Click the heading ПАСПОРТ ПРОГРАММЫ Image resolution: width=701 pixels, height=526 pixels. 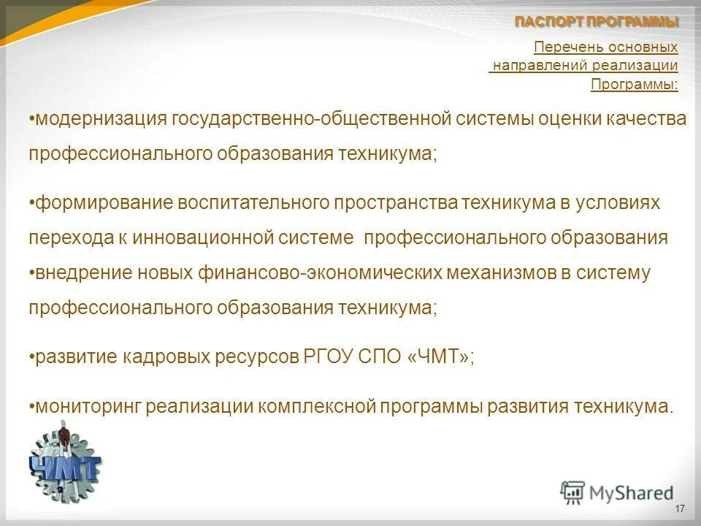597,22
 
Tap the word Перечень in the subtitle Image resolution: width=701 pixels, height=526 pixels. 562,47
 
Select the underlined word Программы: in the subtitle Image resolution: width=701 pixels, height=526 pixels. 634,84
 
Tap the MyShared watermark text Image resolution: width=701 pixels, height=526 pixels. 632,493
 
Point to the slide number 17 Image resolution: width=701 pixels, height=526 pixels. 680,508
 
